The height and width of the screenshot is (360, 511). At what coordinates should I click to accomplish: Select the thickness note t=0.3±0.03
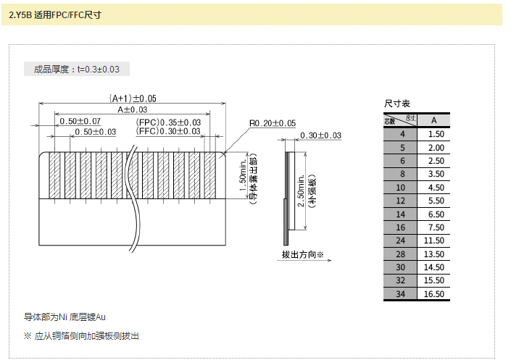pos(77,70)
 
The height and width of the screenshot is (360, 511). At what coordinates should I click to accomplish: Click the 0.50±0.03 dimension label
pos(95,132)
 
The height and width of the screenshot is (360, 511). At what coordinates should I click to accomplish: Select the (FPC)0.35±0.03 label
pos(169,122)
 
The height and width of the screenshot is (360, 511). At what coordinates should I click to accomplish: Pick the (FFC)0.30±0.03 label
pos(169,131)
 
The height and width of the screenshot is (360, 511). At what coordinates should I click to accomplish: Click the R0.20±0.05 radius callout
pos(272,123)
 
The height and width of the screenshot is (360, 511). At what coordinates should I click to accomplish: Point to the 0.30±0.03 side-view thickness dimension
pos(320,135)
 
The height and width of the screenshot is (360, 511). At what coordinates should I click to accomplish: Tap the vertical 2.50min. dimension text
pos(302,192)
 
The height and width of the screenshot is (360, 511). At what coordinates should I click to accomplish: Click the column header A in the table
pos(433,120)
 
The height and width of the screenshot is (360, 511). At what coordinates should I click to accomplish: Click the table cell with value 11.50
pos(433,240)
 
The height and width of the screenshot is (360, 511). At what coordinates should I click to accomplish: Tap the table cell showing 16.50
pos(433,294)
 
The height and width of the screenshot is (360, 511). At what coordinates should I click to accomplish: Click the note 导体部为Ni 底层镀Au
pos(65,317)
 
